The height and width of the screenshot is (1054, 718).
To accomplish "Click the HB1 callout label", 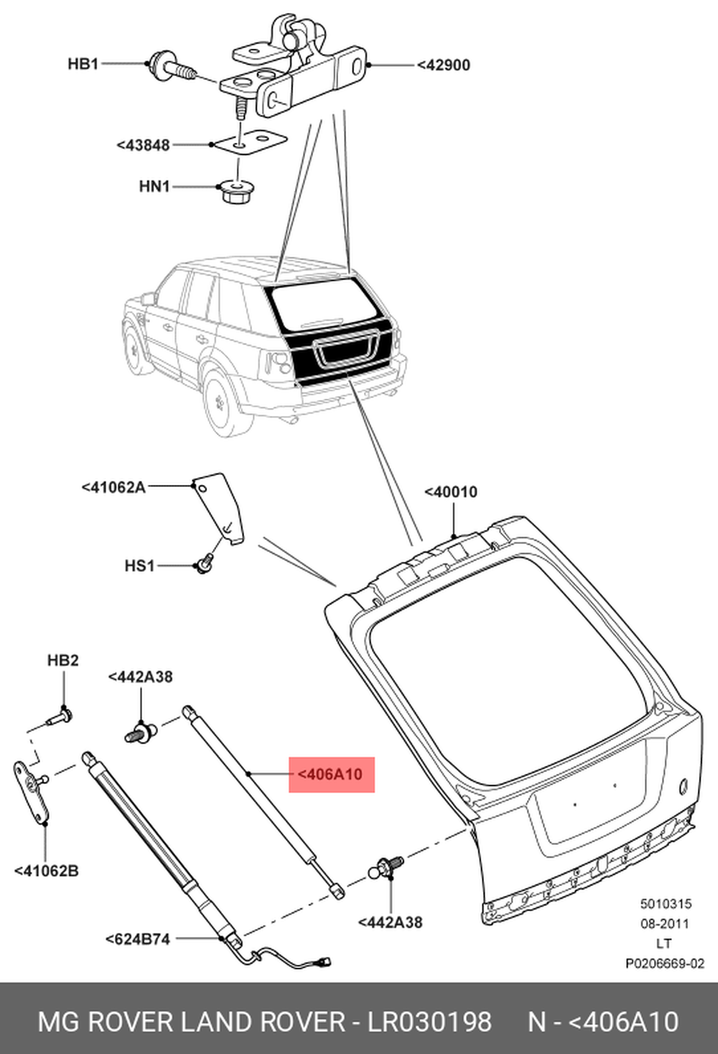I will [x=83, y=64].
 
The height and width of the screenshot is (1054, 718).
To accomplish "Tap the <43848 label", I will [x=143, y=145].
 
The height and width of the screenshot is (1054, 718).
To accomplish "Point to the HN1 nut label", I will [x=154, y=187].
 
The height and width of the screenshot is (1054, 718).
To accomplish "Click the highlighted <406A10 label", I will [x=331, y=775].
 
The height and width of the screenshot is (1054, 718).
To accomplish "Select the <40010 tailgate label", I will [x=450, y=492].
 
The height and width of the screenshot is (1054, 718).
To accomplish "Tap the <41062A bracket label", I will [x=113, y=487].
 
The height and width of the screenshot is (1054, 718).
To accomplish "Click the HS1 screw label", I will [x=139, y=566].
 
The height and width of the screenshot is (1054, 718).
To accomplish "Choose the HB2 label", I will [x=62, y=660].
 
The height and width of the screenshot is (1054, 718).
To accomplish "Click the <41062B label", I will [x=47, y=871].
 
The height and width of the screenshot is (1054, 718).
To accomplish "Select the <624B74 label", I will [x=138, y=939].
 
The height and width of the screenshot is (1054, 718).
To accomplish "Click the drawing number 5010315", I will [x=666, y=905].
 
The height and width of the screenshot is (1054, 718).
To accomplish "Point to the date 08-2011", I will [x=664, y=924].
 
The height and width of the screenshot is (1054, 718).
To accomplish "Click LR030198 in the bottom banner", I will [x=429, y=1022].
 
